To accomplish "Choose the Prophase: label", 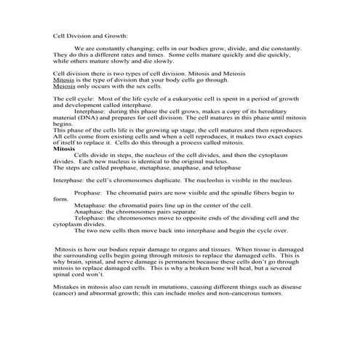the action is coord(89,193).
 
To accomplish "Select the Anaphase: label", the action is coord(89,212).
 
